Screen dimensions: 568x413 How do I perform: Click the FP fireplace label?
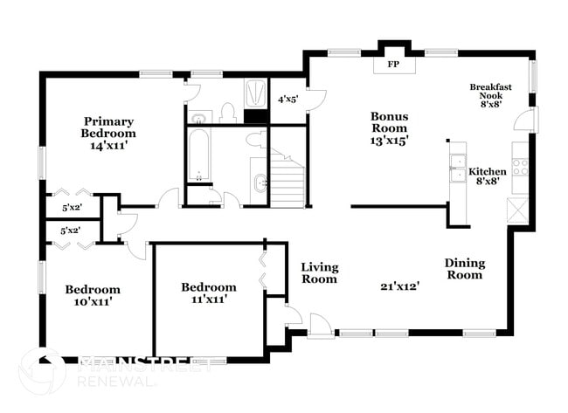pos(393,65)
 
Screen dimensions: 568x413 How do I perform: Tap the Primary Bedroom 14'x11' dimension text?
pos(109,146)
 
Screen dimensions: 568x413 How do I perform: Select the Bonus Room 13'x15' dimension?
pos(389,141)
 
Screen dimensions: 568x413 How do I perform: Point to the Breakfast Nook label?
pos(491,91)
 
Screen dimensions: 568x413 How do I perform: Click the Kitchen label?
pos(488,171)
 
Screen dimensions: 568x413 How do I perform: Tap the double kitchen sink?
pos(458,168)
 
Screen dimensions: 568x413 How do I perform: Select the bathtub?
pos(199,155)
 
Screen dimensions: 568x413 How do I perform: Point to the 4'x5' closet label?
pos(287,100)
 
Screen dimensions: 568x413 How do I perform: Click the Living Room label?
pos(320,273)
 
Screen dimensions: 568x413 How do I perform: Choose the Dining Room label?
pos(465,269)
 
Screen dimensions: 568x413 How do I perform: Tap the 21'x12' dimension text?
pos(400,286)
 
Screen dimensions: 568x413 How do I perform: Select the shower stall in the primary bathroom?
pos(256,93)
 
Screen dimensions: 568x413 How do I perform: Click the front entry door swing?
pos(320,326)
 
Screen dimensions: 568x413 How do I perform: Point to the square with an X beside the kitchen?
pos(518,210)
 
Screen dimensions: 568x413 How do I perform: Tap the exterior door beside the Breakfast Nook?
pos(526,120)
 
